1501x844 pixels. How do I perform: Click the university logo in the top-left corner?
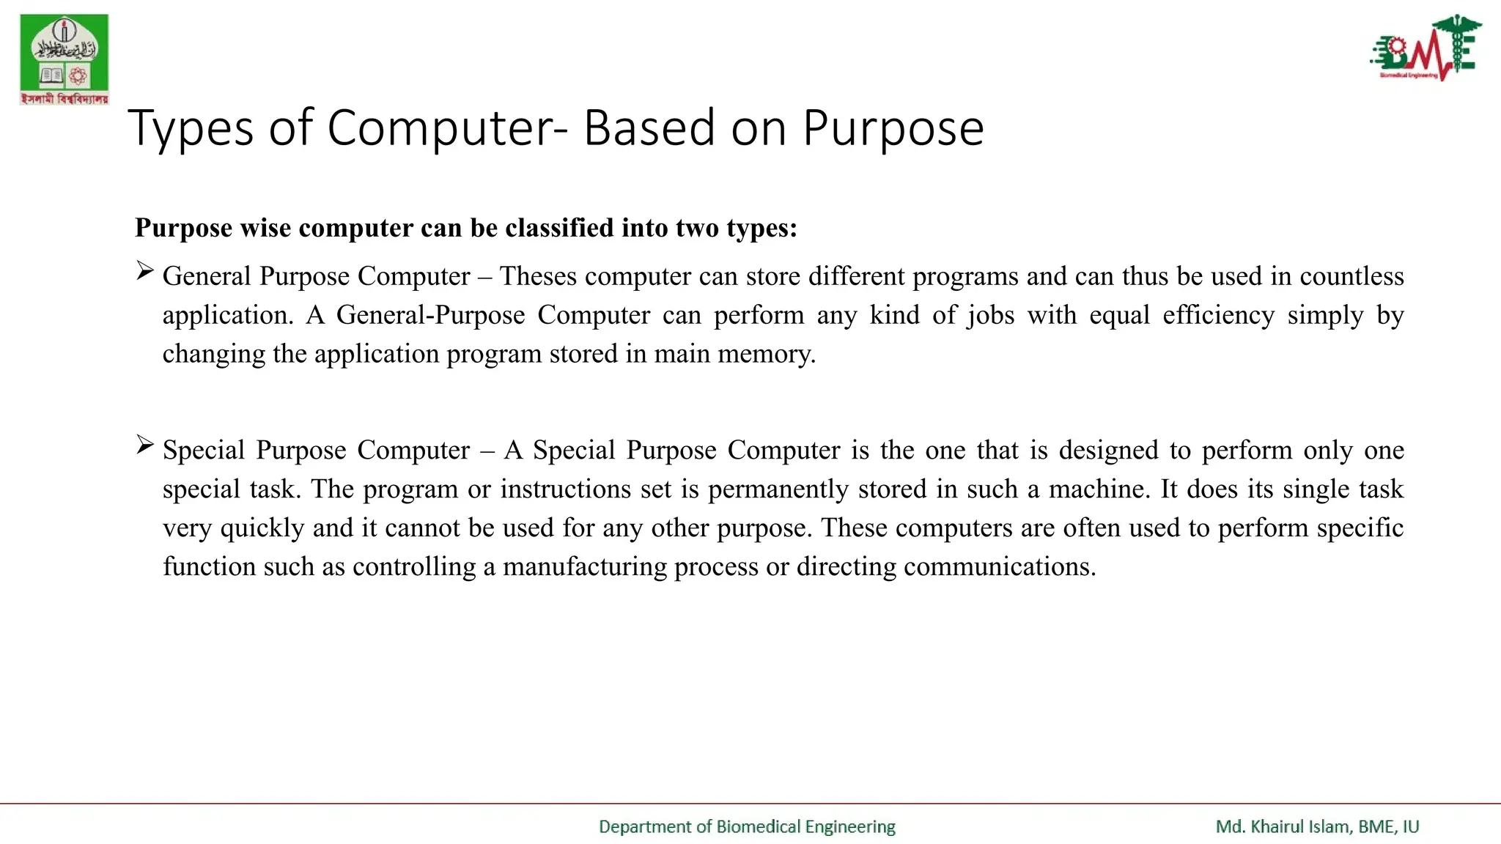click(64, 59)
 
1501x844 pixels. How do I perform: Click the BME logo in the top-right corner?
click(1425, 47)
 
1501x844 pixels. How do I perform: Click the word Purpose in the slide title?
click(893, 129)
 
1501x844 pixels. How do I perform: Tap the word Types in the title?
click(191, 129)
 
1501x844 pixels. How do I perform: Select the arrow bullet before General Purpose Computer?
click(144, 272)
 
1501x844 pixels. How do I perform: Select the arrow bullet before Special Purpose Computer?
click(144, 445)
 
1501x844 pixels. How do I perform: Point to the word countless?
click(1351, 276)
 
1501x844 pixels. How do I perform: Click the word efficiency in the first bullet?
click(1218, 316)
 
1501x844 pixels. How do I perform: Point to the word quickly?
click(262, 528)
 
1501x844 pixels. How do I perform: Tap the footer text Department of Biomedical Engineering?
click(747, 827)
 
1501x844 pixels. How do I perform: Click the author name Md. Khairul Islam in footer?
click(1283, 827)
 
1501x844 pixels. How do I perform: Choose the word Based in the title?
click(649, 129)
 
